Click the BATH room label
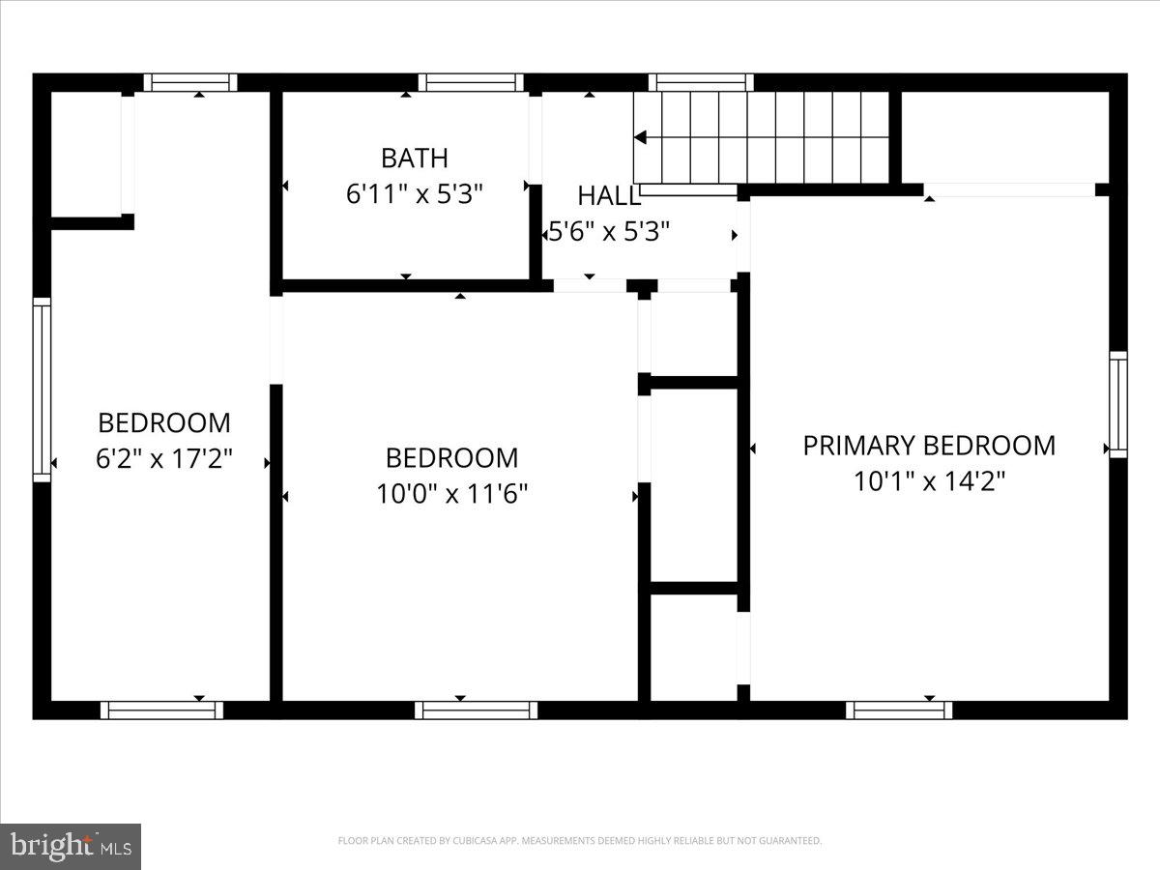(x=414, y=158)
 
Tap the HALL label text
(x=608, y=196)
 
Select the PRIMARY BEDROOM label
(x=929, y=446)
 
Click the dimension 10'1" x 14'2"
(x=929, y=481)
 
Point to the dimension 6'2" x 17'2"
(x=164, y=458)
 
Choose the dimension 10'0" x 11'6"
(x=451, y=494)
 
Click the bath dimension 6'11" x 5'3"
(x=414, y=193)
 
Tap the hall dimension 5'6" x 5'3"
(x=609, y=233)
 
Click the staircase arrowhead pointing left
(x=640, y=138)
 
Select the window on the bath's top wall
(x=471, y=82)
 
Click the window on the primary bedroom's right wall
(x=1117, y=404)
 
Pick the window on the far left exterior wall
(x=42, y=390)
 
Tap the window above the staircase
(x=701, y=82)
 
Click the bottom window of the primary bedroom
(x=899, y=710)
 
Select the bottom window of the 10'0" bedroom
(x=477, y=710)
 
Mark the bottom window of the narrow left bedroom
(x=161, y=710)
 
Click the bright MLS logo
(x=71, y=847)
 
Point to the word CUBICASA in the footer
(x=474, y=841)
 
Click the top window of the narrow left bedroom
(x=190, y=82)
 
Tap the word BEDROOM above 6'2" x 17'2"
(x=164, y=422)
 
